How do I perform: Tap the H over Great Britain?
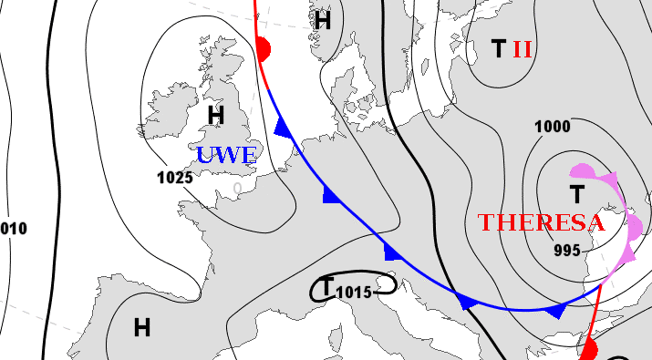216,115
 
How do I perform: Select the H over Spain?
142,327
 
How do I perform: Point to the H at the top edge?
322,20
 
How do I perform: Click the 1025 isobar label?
174,178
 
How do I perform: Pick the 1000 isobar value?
553,127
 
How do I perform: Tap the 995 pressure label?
566,251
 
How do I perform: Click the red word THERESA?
542,222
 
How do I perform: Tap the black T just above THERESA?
576,193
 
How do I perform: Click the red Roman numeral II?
522,49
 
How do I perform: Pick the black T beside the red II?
498,49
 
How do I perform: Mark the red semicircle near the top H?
264,49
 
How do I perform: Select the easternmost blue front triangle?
554,312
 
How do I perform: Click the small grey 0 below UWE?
238,188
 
